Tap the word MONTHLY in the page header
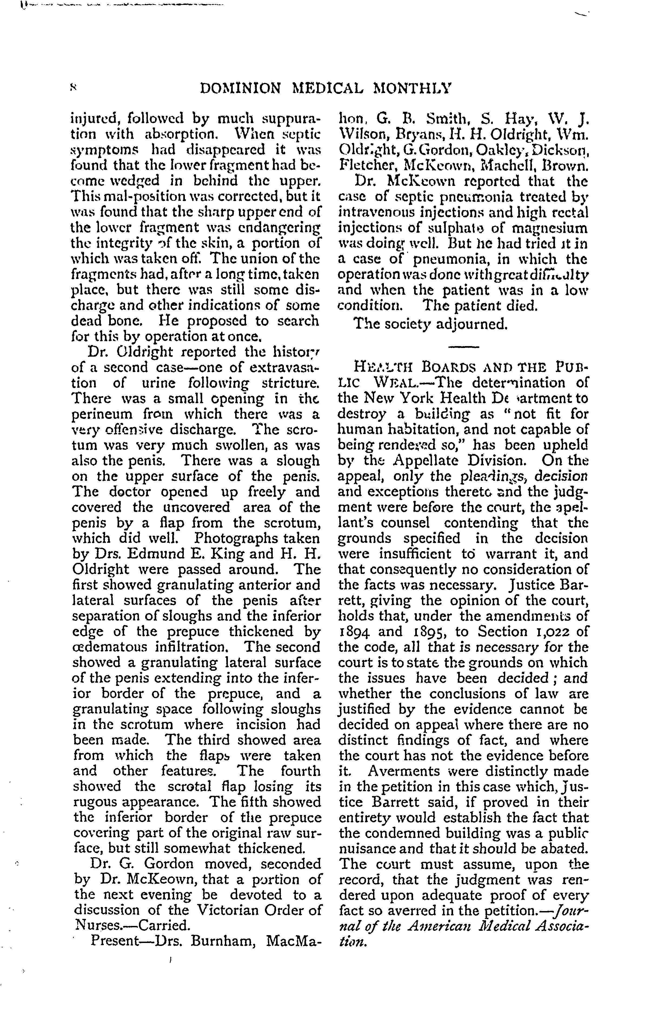(412, 88)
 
